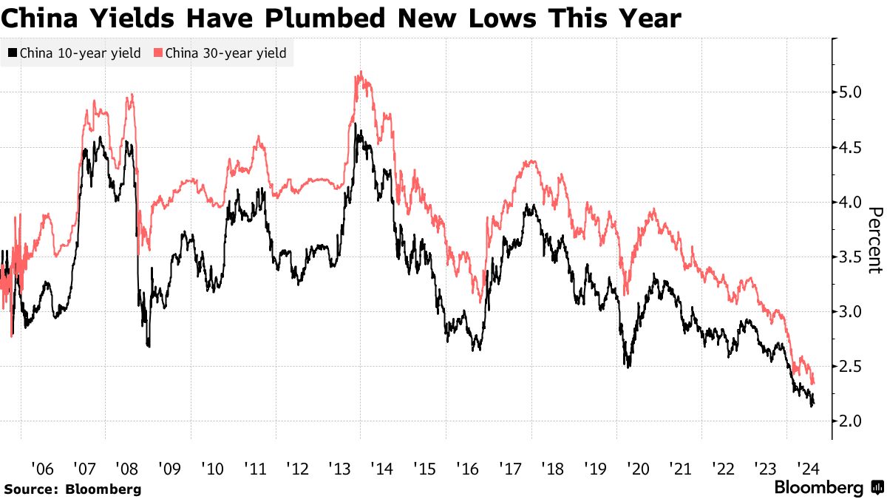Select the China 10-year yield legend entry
(74, 53)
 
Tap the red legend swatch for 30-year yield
(158, 53)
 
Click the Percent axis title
(874, 240)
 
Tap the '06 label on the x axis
(42, 469)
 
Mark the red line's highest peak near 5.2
(360, 72)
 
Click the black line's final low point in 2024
(812, 406)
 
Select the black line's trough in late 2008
(149, 345)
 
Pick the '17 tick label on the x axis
(509, 469)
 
